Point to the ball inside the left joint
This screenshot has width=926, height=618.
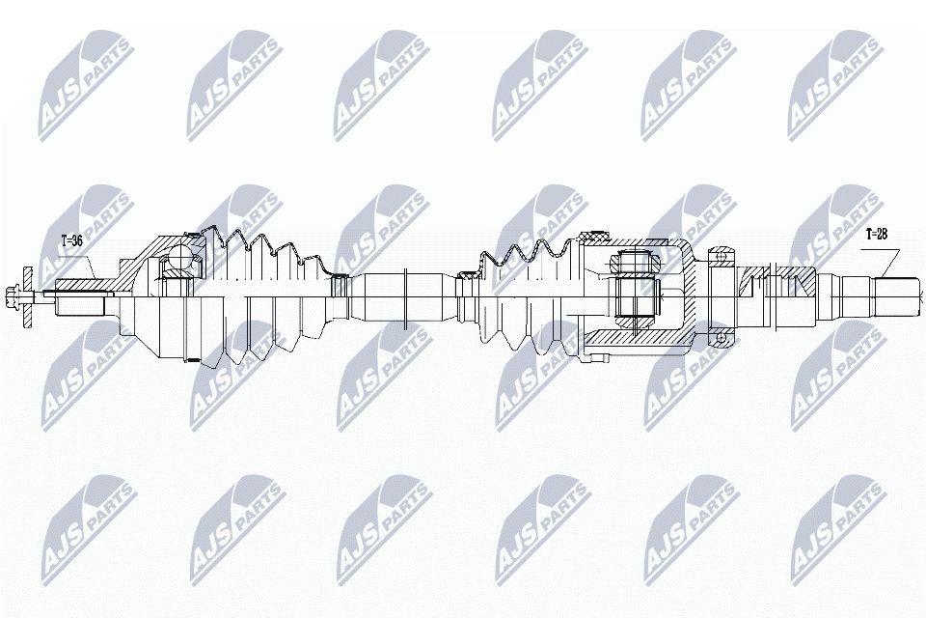[x=179, y=259]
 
